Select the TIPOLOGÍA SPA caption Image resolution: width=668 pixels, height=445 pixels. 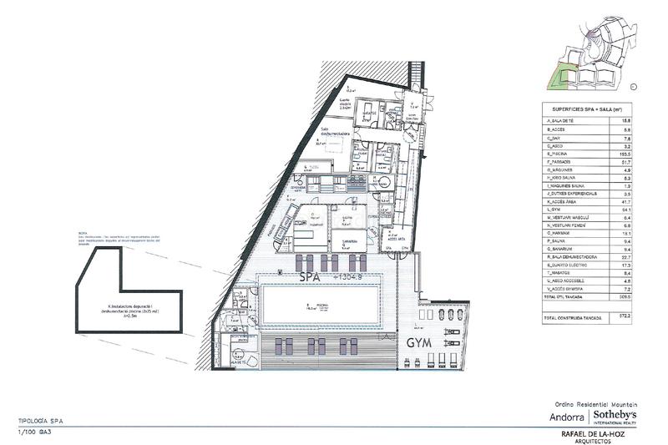click(40, 422)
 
